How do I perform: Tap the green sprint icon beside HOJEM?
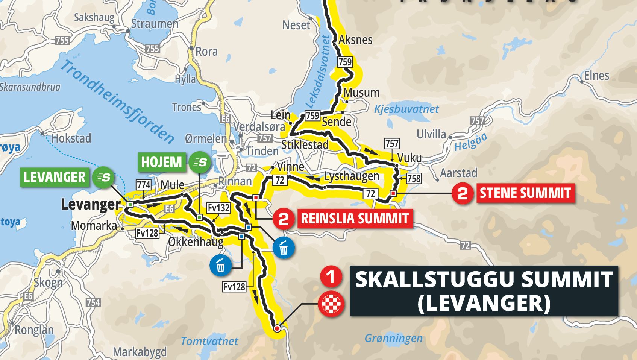pyautogui.click(x=199, y=163)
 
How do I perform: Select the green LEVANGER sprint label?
pyautogui.click(x=55, y=177)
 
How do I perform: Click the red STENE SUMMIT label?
pyautogui.click(x=525, y=193)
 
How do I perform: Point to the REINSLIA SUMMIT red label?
pyautogui.click(x=355, y=219)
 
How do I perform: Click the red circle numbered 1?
pyautogui.click(x=331, y=277)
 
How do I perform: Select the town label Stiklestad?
pyautogui.click(x=305, y=145)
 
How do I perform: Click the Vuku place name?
pyautogui.click(x=409, y=158)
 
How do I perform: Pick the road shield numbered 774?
pyautogui.click(x=144, y=185)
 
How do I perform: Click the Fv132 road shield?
pyautogui.click(x=218, y=208)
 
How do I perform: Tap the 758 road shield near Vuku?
pyautogui.click(x=414, y=178)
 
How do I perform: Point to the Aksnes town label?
pyautogui.click(x=355, y=40)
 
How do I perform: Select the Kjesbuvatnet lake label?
pyautogui.click(x=406, y=109)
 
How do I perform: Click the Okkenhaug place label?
pyautogui.click(x=196, y=242)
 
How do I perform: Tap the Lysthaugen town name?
pyautogui.click(x=352, y=176)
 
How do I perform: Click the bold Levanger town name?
pyautogui.click(x=91, y=205)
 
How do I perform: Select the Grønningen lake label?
pyautogui.click(x=393, y=339)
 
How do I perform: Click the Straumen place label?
pyautogui.click(x=155, y=24)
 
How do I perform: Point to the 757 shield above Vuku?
pyautogui.click(x=392, y=144)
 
